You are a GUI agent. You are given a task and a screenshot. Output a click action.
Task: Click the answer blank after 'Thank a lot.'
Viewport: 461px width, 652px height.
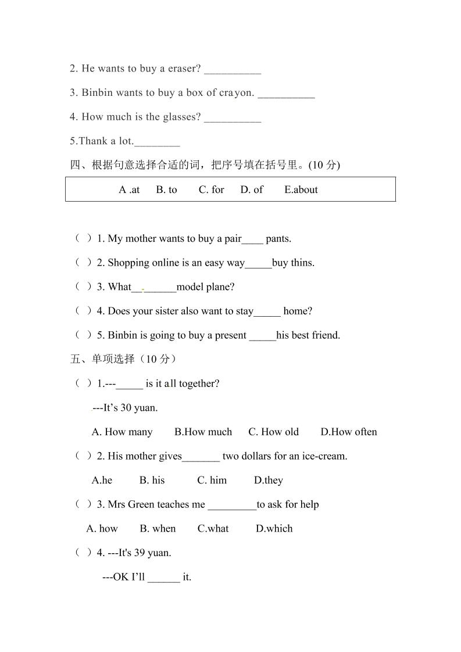coord(157,142)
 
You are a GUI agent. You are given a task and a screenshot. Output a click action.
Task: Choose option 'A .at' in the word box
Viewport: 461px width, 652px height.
coord(129,189)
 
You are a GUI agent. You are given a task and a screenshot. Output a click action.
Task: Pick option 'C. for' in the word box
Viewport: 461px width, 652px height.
coord(211,189)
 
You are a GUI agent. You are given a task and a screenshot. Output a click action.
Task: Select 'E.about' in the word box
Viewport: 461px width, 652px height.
coord(301,189)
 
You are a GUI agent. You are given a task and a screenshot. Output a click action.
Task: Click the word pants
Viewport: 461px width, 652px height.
coord(278,238)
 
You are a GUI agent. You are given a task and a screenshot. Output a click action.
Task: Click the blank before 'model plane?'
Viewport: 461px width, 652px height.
coord(154,288)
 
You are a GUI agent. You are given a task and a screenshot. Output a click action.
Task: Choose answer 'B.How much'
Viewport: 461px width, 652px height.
coord(203,432)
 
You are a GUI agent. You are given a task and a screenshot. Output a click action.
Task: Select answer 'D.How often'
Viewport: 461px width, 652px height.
coord(348,432)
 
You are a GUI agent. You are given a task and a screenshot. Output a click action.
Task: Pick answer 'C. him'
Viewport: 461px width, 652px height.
coord(212,480)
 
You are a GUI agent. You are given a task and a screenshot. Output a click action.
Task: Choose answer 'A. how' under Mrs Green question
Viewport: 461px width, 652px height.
coord(102,529)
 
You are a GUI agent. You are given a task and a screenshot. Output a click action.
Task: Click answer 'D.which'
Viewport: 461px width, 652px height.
coord(274,529)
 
